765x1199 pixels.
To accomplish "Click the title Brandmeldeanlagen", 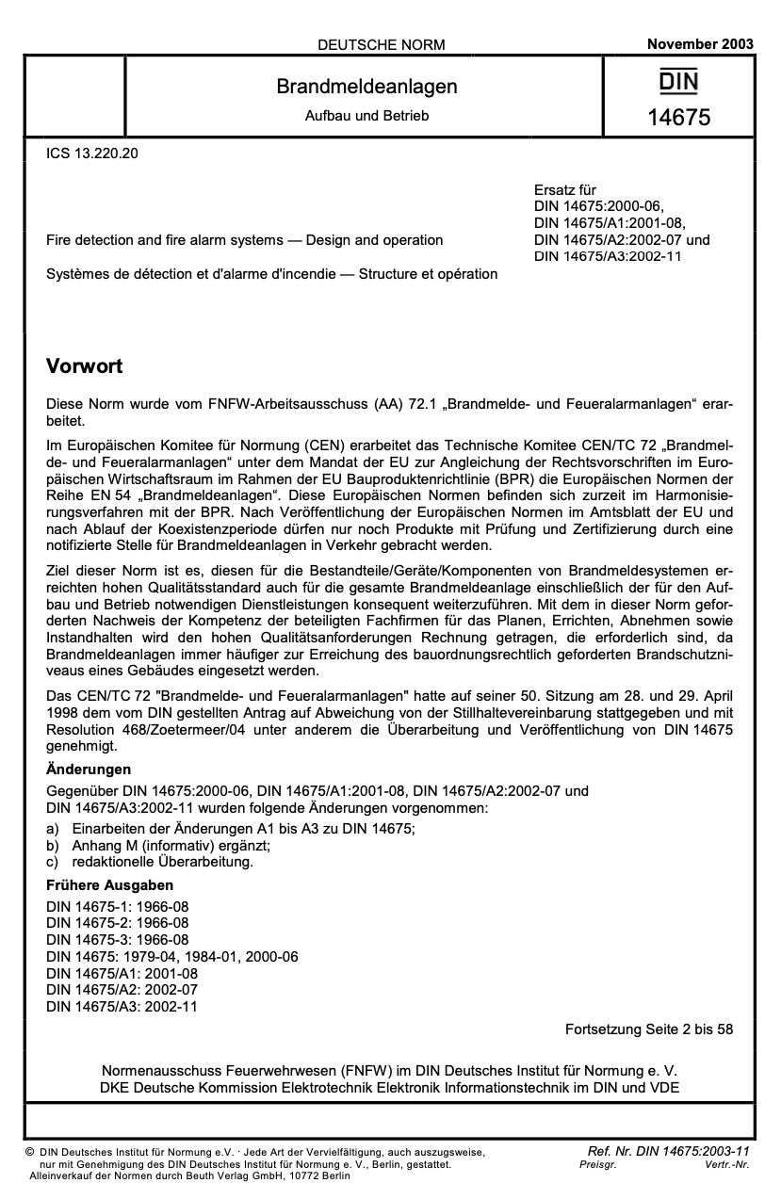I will [x=366, y=87].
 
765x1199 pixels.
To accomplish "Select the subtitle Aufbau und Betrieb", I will [x=366, y=116].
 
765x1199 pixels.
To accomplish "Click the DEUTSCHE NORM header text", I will [x=382, y=44].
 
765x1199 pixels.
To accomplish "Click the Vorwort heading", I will [x=85, y=365].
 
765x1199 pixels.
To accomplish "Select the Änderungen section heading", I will [x=89, y=770].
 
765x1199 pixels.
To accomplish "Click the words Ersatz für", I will [x=564, y=190].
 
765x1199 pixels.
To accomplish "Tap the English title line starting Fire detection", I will [x=244, y=240].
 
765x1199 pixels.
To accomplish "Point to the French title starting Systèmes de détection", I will [x=271, y=274].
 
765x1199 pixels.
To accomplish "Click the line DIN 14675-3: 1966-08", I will [x=118, y=940].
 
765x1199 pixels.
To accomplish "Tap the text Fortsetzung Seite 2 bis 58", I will [x=648, y=1029].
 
